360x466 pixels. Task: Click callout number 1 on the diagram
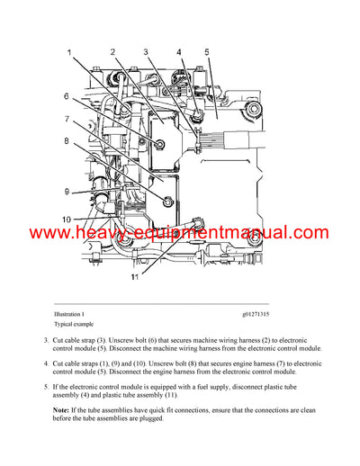click(69, 55)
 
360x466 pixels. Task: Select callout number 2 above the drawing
click(112, 52)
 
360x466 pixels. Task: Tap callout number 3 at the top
click(146, 52)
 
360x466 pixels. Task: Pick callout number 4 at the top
click(178, 52)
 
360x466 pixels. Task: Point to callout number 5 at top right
click(206, 52)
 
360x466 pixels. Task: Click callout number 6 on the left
click(66, 96)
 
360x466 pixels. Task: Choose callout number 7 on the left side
click(66, 119)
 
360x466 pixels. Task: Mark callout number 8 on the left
click(66, 140)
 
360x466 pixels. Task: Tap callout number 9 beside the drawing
click(66, 191)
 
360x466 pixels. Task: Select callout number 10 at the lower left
click(67, 220)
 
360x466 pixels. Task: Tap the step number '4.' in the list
click(46, 363)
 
